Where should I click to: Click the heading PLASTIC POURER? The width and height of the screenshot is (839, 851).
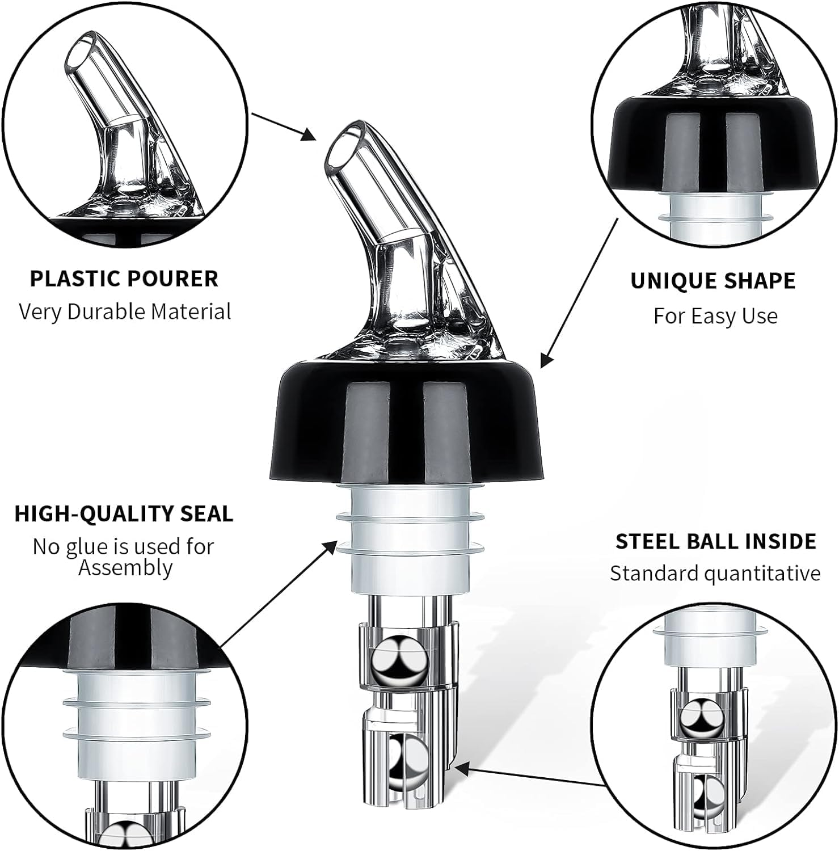point(124,279)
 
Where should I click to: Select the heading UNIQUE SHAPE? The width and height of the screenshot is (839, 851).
point(713,281)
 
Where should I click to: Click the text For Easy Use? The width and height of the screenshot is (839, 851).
point(715,315)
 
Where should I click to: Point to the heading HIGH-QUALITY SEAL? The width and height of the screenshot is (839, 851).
point(124,513)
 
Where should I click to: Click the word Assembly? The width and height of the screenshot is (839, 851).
point(125,567)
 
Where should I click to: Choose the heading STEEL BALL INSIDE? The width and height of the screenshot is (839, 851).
point(716,541)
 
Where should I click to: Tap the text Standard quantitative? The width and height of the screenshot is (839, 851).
point(715,574)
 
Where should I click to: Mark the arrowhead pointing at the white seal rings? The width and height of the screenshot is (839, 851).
point(329,548)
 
